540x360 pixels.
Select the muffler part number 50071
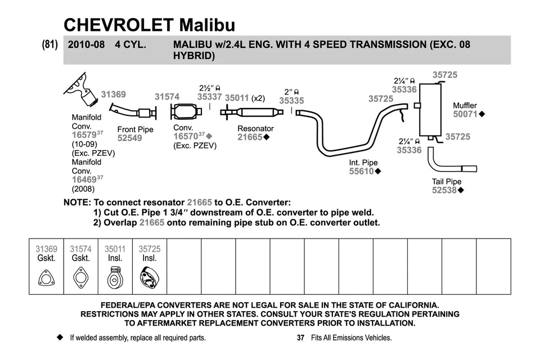point(465,114)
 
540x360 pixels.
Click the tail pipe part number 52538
point(444,191)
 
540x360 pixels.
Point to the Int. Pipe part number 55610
point(361,172)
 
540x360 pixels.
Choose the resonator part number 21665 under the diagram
point(250,137)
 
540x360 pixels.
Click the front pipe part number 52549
point(129,138)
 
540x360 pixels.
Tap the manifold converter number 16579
point(84,136)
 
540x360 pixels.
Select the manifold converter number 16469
point(84,179)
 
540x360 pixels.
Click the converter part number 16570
point(185,137)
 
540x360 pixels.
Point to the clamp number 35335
point(291,101)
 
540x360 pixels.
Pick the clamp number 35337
point(209,97)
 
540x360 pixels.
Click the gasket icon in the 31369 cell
point(46,278)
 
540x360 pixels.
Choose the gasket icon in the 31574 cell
point(80,278)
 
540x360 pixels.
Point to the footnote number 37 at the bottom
point(300,338)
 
